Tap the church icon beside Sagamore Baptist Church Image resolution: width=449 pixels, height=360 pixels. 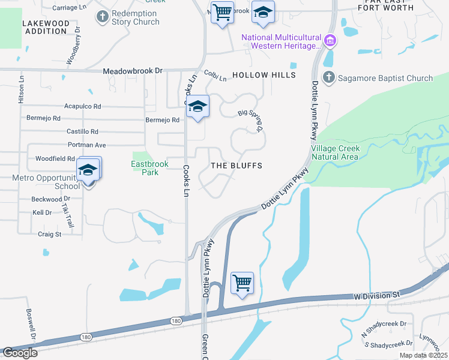coord(328,77)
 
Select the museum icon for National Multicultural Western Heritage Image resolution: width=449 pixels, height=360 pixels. coord(329,41)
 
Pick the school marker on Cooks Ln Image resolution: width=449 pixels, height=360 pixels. coord(197,107)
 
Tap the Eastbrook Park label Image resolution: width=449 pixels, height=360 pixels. coord(145,167)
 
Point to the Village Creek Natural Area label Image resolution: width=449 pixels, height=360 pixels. coord(334,152)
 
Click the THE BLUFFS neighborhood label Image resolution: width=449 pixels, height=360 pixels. coord(237,165)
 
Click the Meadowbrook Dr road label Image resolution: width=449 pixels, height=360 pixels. coord(133,70)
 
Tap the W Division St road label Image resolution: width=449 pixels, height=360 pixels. coord(376,295)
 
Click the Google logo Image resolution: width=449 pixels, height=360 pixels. coord(20,353)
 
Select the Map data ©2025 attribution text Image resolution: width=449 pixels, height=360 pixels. coord(423,355)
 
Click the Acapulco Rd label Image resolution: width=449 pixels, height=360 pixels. coord(82,106)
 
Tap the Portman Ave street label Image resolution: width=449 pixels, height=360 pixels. coord(86,145)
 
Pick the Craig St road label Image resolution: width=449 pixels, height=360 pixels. coord(50,234)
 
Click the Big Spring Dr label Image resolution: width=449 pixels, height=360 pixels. coord(251,119)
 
